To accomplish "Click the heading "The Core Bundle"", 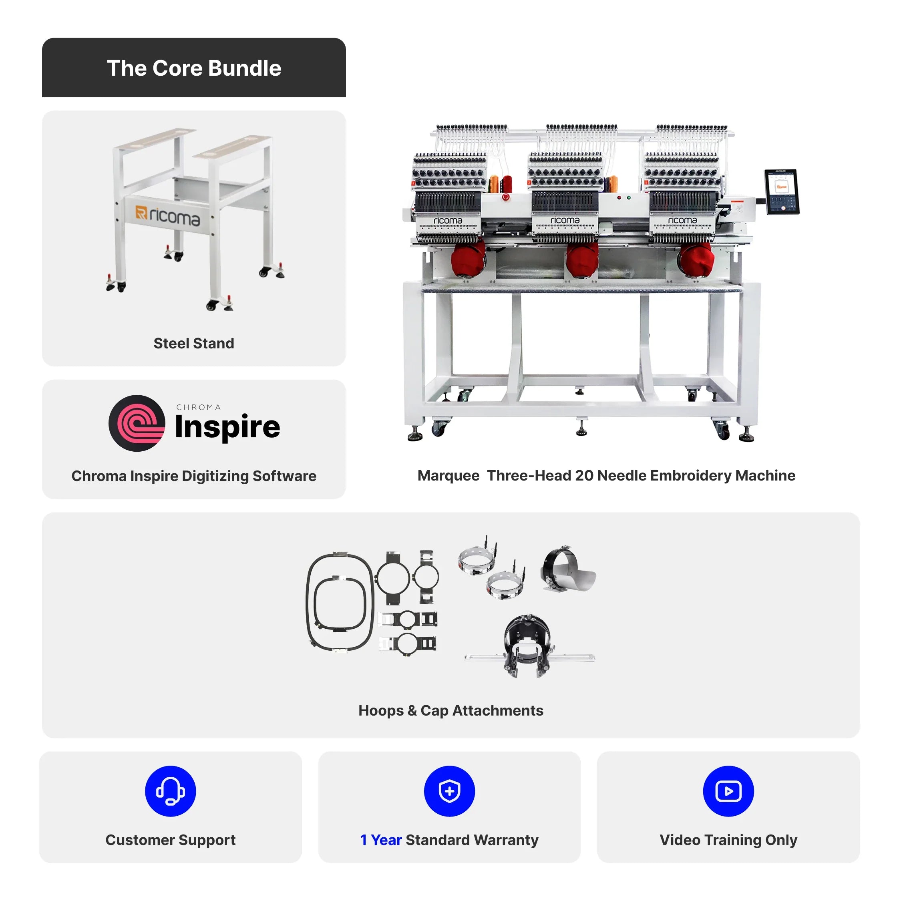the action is (x=194, y=68).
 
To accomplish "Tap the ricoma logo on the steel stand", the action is (x=168, y=216).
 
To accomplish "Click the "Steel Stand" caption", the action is (x=194, y=343).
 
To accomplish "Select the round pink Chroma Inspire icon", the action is (x=137, y=423).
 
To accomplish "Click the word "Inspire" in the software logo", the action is (x=227, y=427).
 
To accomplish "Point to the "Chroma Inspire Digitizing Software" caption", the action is (x=194, y=476).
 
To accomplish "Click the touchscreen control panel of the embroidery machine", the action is (x=782, y=192).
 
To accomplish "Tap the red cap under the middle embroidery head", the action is (x=583, y=260).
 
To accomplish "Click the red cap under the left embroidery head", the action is (x=468, y=259).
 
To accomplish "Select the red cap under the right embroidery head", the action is (x=696, y=259).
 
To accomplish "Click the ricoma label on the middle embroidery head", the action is (x=565, y=220).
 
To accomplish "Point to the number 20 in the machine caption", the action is (x=584, y=476).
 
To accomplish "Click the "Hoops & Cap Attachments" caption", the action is (x=451, y=711).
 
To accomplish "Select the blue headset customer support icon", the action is (x=171, y=791).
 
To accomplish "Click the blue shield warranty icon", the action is (x=450, y=791).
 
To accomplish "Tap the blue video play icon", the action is (x=728, y=791).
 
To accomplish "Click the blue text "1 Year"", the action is (x=381, y=840).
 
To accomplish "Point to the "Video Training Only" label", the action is (x=728, y=840).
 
